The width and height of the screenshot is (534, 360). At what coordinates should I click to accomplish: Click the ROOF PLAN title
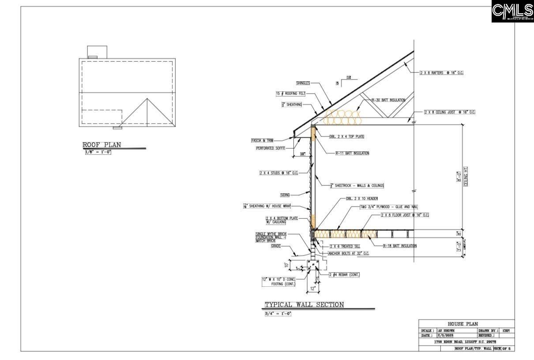tap(102, 145)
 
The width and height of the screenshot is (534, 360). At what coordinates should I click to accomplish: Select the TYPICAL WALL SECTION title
tap(304, 305)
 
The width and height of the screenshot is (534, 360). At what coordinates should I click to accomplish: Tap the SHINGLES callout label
tap(303, 83)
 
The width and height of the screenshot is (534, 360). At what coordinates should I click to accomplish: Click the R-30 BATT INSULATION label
tap(388, 100)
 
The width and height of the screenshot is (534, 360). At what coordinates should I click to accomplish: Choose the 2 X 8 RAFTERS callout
tap(441, 72)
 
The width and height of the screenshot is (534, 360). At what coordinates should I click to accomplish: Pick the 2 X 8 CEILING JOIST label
tap(449, 112)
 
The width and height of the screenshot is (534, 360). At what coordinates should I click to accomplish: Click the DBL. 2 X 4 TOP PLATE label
tap(346, 137)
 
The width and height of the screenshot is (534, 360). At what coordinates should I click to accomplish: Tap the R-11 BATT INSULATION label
tap(352, 153)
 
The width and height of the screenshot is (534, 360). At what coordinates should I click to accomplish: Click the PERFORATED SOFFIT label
tap(271, 148)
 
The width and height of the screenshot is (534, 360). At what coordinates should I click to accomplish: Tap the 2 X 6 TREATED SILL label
tap(345, 246)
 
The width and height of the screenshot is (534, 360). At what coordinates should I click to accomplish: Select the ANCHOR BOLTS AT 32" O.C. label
tap(348, 254)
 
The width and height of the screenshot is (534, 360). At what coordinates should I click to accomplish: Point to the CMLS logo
tap(512, 11)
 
